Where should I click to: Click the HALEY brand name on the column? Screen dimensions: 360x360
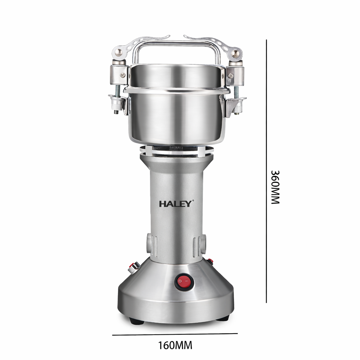175,204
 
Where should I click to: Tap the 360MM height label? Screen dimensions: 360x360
275,188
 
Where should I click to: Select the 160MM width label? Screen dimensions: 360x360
175,345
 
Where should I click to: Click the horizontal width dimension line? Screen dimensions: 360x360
175,334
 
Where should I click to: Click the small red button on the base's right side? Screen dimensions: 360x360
210,261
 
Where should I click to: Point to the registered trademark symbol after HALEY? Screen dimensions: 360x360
193,201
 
